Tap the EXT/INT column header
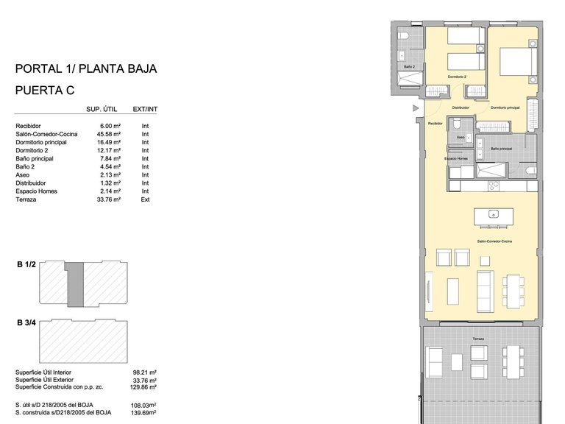(145, 110)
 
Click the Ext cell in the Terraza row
(145, 199)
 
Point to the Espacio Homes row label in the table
(36, 191)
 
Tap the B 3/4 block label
(26, 322)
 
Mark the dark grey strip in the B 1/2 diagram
(75, 283)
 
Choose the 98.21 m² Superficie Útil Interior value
(148, 372)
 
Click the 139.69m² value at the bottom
(146, 413)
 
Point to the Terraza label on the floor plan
(478, 339)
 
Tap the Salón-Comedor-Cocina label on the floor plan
(494, 241)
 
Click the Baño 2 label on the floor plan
(409, 67)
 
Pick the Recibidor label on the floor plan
(436, 124)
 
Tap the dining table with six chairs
(514, 291)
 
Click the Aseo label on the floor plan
(461, 137)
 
